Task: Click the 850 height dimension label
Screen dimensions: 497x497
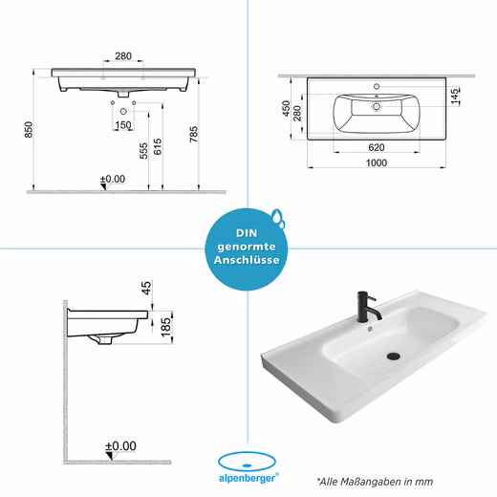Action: [29, 130]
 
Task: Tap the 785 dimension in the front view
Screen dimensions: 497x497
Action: [194, 134]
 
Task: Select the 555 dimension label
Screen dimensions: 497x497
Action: [143, 151]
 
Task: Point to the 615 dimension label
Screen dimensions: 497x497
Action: [158, 146]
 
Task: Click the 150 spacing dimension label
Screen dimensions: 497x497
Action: [123, 125]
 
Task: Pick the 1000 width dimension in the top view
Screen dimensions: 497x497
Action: [377, 162]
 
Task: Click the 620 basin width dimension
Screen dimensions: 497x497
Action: [377, 147]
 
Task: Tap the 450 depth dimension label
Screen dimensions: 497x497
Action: [286, 109]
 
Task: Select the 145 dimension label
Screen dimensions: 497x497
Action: [455, 97]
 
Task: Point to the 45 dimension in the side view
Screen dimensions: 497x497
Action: [146, 288]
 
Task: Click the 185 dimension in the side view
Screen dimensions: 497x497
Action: [165, 327]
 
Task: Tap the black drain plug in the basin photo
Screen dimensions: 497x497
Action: [394, 356]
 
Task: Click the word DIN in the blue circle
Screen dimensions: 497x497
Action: [247, 233]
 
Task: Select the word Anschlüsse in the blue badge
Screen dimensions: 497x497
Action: [247, 260]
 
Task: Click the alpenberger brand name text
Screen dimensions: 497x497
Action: [247, 478]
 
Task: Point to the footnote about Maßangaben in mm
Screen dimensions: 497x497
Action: [375, 482]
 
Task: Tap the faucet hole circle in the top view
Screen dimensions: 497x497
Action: [377, 86]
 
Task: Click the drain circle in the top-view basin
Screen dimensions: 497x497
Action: [377, 106]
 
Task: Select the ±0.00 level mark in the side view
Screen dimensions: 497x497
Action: [120, 446]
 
